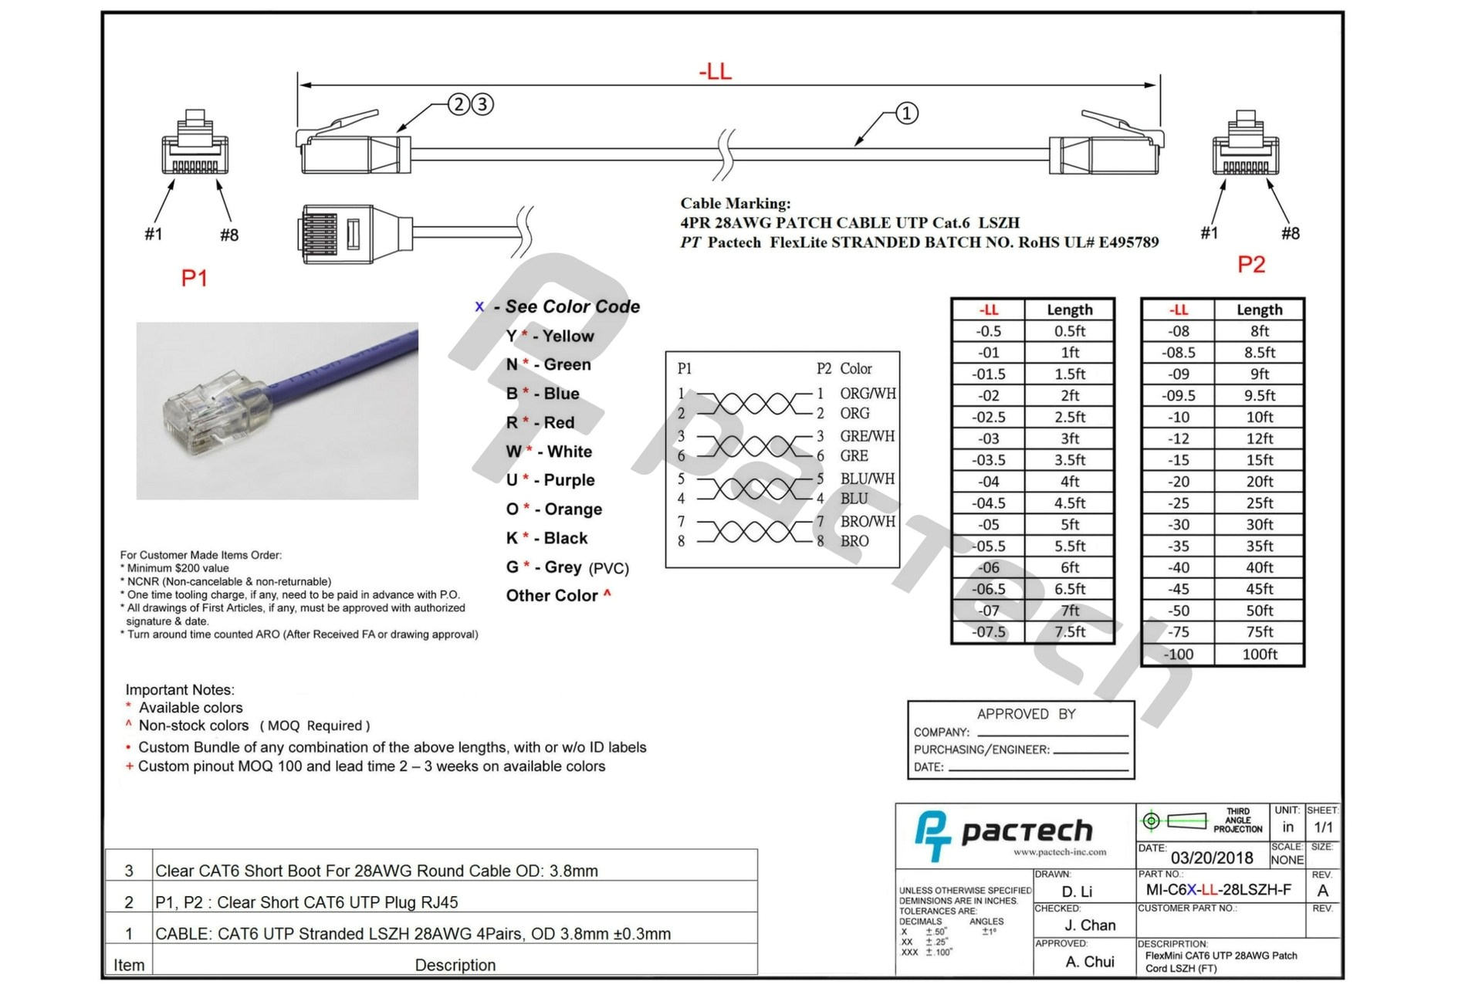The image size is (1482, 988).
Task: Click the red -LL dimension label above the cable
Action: point(715,72)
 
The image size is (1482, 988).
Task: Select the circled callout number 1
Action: point(906,113)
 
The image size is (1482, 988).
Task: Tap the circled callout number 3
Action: point(482,104)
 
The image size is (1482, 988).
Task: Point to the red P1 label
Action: point(194,278)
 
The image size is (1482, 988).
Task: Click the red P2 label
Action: point(1250,265)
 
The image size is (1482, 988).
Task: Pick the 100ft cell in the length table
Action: point(1259,654)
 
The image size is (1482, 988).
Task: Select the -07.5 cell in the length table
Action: point(988,632)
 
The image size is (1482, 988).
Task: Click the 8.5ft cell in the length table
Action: point(1259,353)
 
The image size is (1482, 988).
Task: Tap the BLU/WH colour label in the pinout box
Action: point(867,479)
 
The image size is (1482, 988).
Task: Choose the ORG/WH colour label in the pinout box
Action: point(868,394)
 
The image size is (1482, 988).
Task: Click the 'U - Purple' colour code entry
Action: point(550,480)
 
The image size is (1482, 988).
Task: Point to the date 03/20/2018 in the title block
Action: point(1211,858)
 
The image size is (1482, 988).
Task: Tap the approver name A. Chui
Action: point(1089,962)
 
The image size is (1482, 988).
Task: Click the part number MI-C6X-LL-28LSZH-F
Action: point(1218,890)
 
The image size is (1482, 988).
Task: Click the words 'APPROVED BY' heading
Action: point(1026,714)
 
